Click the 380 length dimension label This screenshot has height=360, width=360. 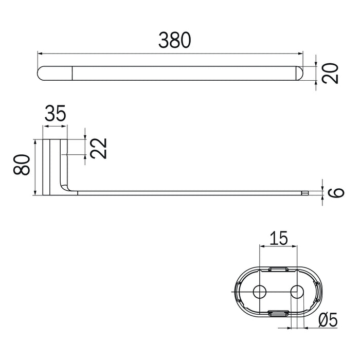[174, 41]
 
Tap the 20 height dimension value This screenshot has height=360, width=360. [330, 74]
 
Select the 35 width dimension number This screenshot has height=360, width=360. [56, 113]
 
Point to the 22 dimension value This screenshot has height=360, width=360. [98, 148]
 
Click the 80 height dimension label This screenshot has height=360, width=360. [22, 165]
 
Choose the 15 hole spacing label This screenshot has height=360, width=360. [278, 238]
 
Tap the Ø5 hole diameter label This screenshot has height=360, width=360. [328, 319]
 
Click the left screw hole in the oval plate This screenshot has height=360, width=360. [259, 292]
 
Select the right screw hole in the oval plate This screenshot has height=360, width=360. [297, 292]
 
